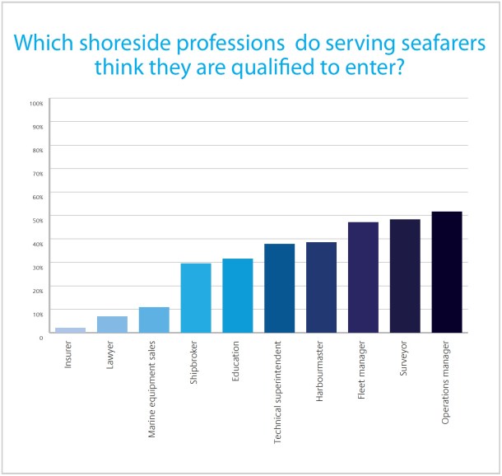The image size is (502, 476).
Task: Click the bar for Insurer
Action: [x=70, y=330]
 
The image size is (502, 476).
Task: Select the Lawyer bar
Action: [x=112, y=324]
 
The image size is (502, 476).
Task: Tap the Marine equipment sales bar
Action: [x=154, y=320]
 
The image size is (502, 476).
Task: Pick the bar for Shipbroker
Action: [x=196, y=298]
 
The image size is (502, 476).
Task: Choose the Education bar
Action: [x=238, y=296]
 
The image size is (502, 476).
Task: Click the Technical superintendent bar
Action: [x=280, y=288]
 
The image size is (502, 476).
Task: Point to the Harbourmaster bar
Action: [x=322, y=287]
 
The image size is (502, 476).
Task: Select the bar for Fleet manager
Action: [x=363, y=278]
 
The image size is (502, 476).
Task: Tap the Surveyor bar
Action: [x=405, y=276]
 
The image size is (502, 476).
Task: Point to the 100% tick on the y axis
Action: [x=36, y=104]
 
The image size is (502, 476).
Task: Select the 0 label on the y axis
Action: [x=40, y=337]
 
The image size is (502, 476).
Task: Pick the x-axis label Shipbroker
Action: [x=196, y=359]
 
